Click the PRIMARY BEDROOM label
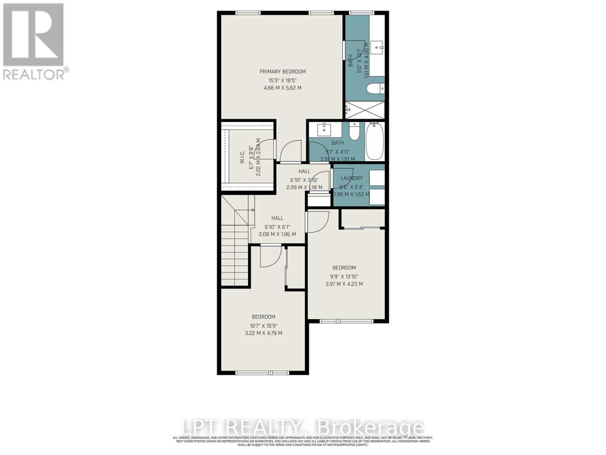282,72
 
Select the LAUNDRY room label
351,178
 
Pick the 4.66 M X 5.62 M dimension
282,88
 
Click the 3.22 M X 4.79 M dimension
263,333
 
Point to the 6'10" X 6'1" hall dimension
277,227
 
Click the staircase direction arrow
252,210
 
